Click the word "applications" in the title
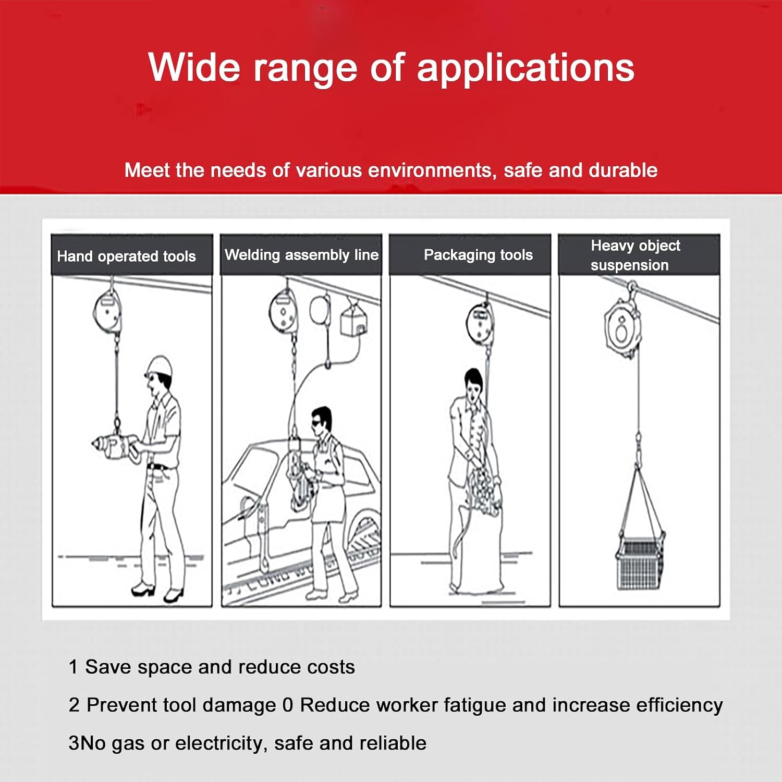coord(526,69)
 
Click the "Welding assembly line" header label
coord(301,255)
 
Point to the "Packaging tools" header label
coord(478,255)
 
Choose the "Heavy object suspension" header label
coord(636,255)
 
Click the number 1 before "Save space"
coord(73,667)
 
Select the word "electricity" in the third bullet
coord(216,743)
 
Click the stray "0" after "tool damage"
coord(287,705)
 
